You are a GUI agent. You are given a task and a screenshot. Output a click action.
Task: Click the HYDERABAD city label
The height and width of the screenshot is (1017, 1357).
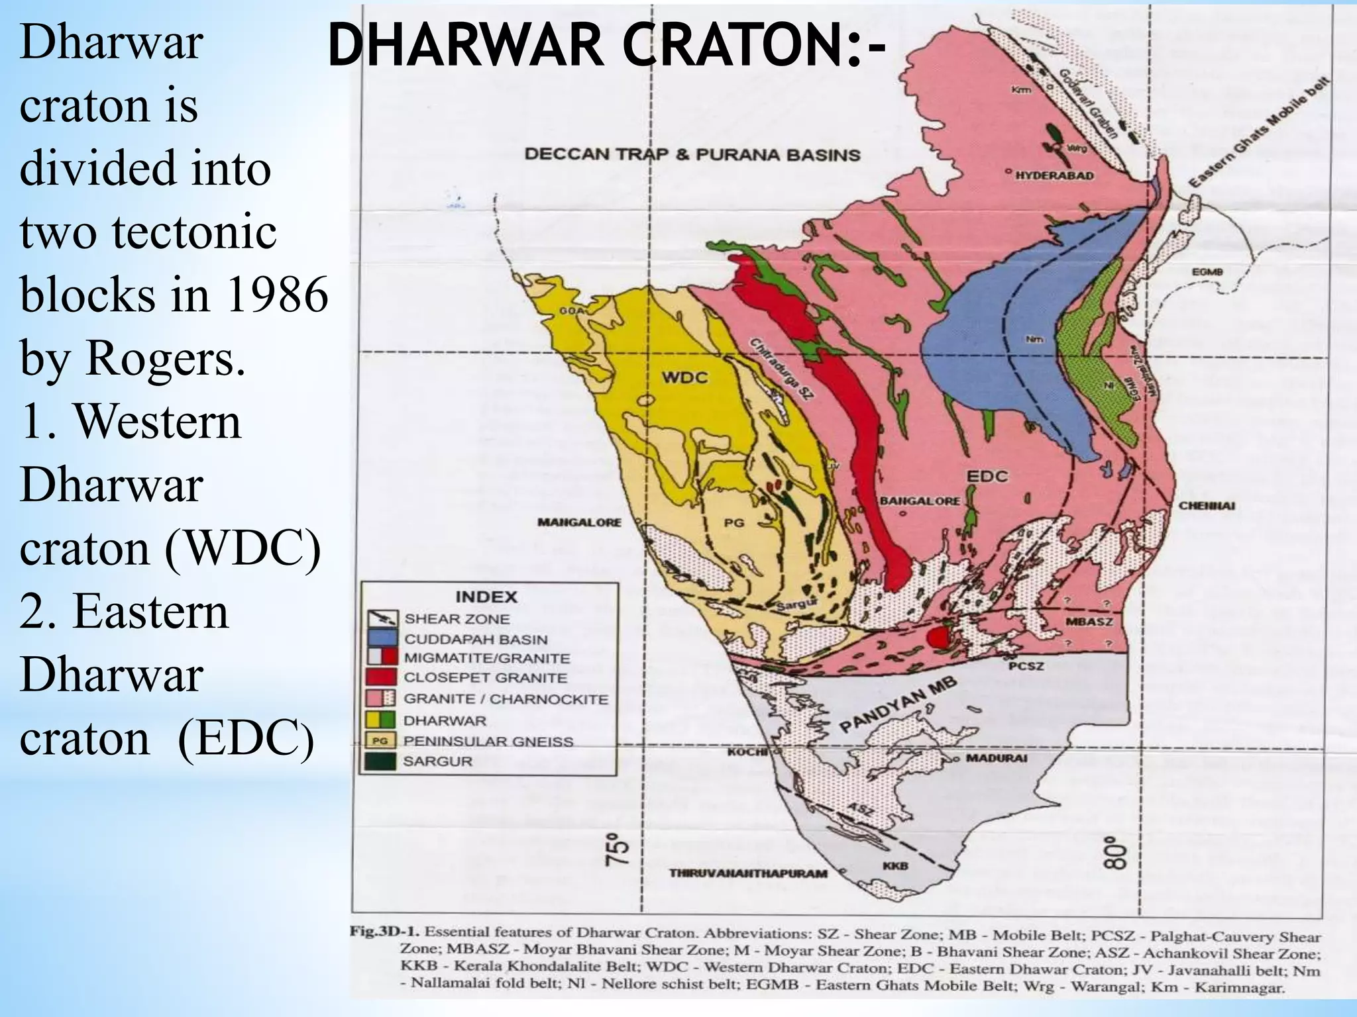pos(1054,176)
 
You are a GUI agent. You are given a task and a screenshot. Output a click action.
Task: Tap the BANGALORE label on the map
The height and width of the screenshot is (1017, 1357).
pos(919,501)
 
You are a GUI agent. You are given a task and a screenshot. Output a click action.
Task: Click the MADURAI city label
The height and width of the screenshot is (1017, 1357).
pos(995,758)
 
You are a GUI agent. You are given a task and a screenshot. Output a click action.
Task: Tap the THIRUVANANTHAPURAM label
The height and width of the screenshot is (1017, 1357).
pos(748,873)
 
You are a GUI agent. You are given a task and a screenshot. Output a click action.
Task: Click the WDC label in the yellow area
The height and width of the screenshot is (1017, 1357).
pos(685,378)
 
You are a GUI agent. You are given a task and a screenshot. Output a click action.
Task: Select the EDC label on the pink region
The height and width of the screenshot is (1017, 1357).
pos(987,476)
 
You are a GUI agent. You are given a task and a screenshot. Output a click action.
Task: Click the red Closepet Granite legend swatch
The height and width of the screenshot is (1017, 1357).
pos(382,677)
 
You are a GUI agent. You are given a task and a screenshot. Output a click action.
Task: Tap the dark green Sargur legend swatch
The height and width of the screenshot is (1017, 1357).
pos(382,761)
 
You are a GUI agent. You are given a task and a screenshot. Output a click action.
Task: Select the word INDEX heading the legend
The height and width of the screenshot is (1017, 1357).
pos(486,597)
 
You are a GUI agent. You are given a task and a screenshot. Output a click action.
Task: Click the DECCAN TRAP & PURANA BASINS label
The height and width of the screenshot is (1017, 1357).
pos(692,155)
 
